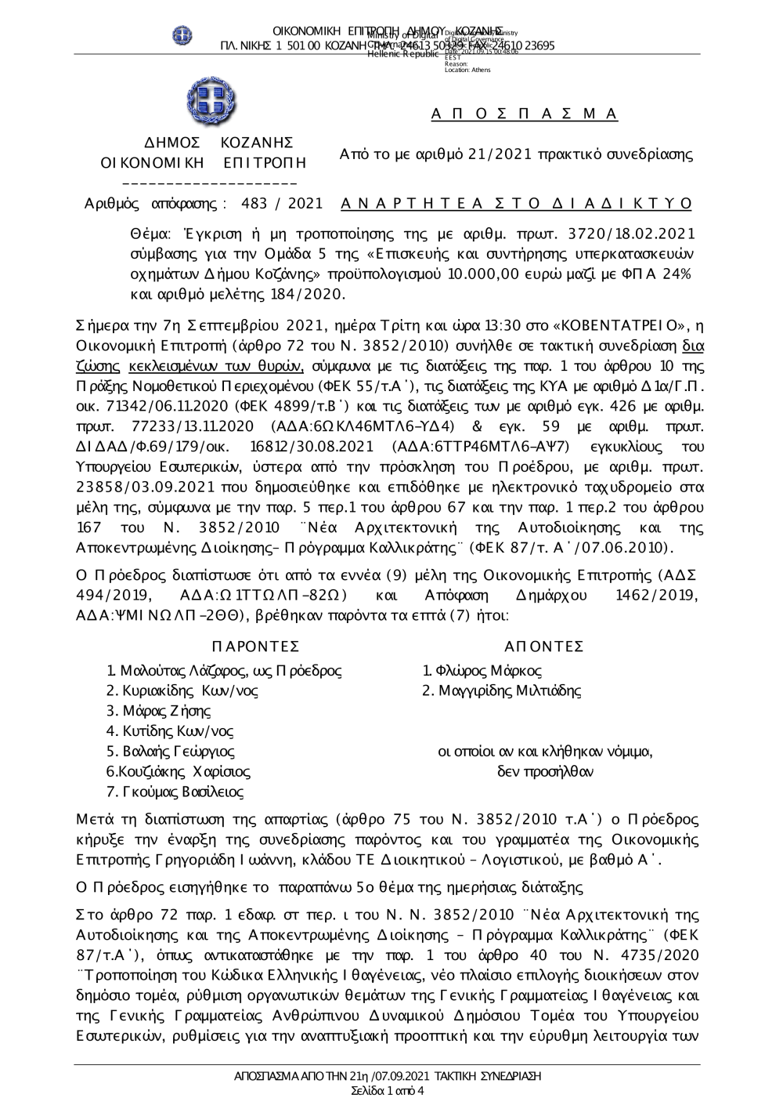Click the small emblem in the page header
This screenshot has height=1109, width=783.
[182, 35]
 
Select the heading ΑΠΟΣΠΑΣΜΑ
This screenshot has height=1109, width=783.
[525, 114]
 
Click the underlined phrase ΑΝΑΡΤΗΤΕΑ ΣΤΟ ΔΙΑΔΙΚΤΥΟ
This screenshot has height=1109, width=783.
[518, 204]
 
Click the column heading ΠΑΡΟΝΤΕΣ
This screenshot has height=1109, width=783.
[256, 647]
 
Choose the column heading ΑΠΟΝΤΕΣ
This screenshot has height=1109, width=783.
[544, 647]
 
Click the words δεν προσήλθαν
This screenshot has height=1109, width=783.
[545, 772]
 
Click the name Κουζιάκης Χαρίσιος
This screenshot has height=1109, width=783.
[180, 772]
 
